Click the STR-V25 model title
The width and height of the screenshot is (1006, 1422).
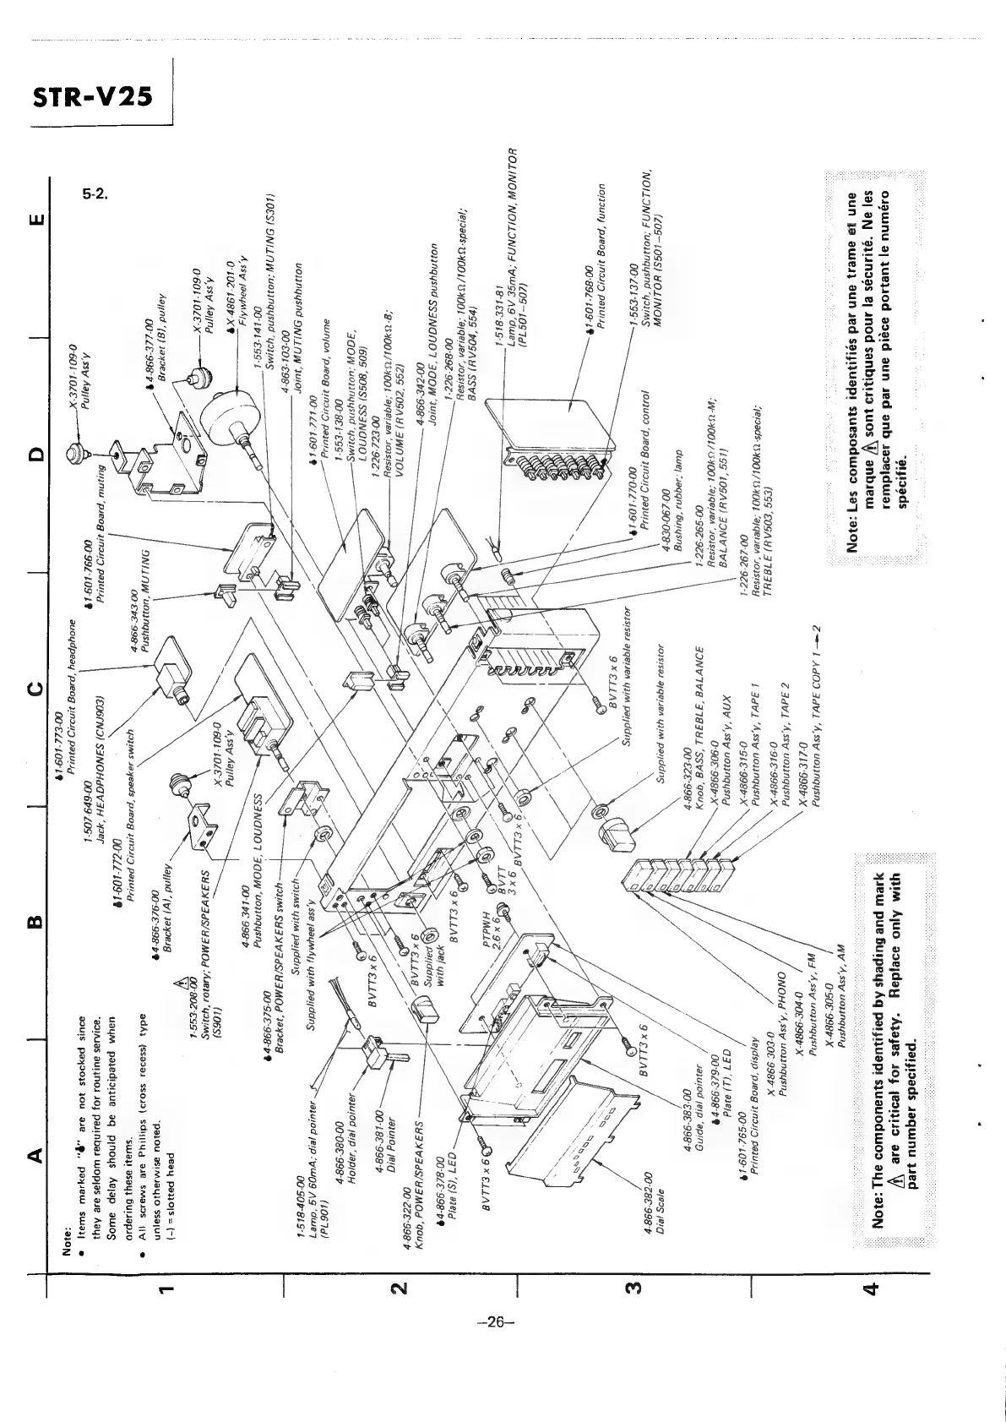(x=92, y=96)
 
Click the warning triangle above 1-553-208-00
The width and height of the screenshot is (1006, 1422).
(x=180, y=983)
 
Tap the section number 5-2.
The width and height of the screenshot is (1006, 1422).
(x=94, y=194)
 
